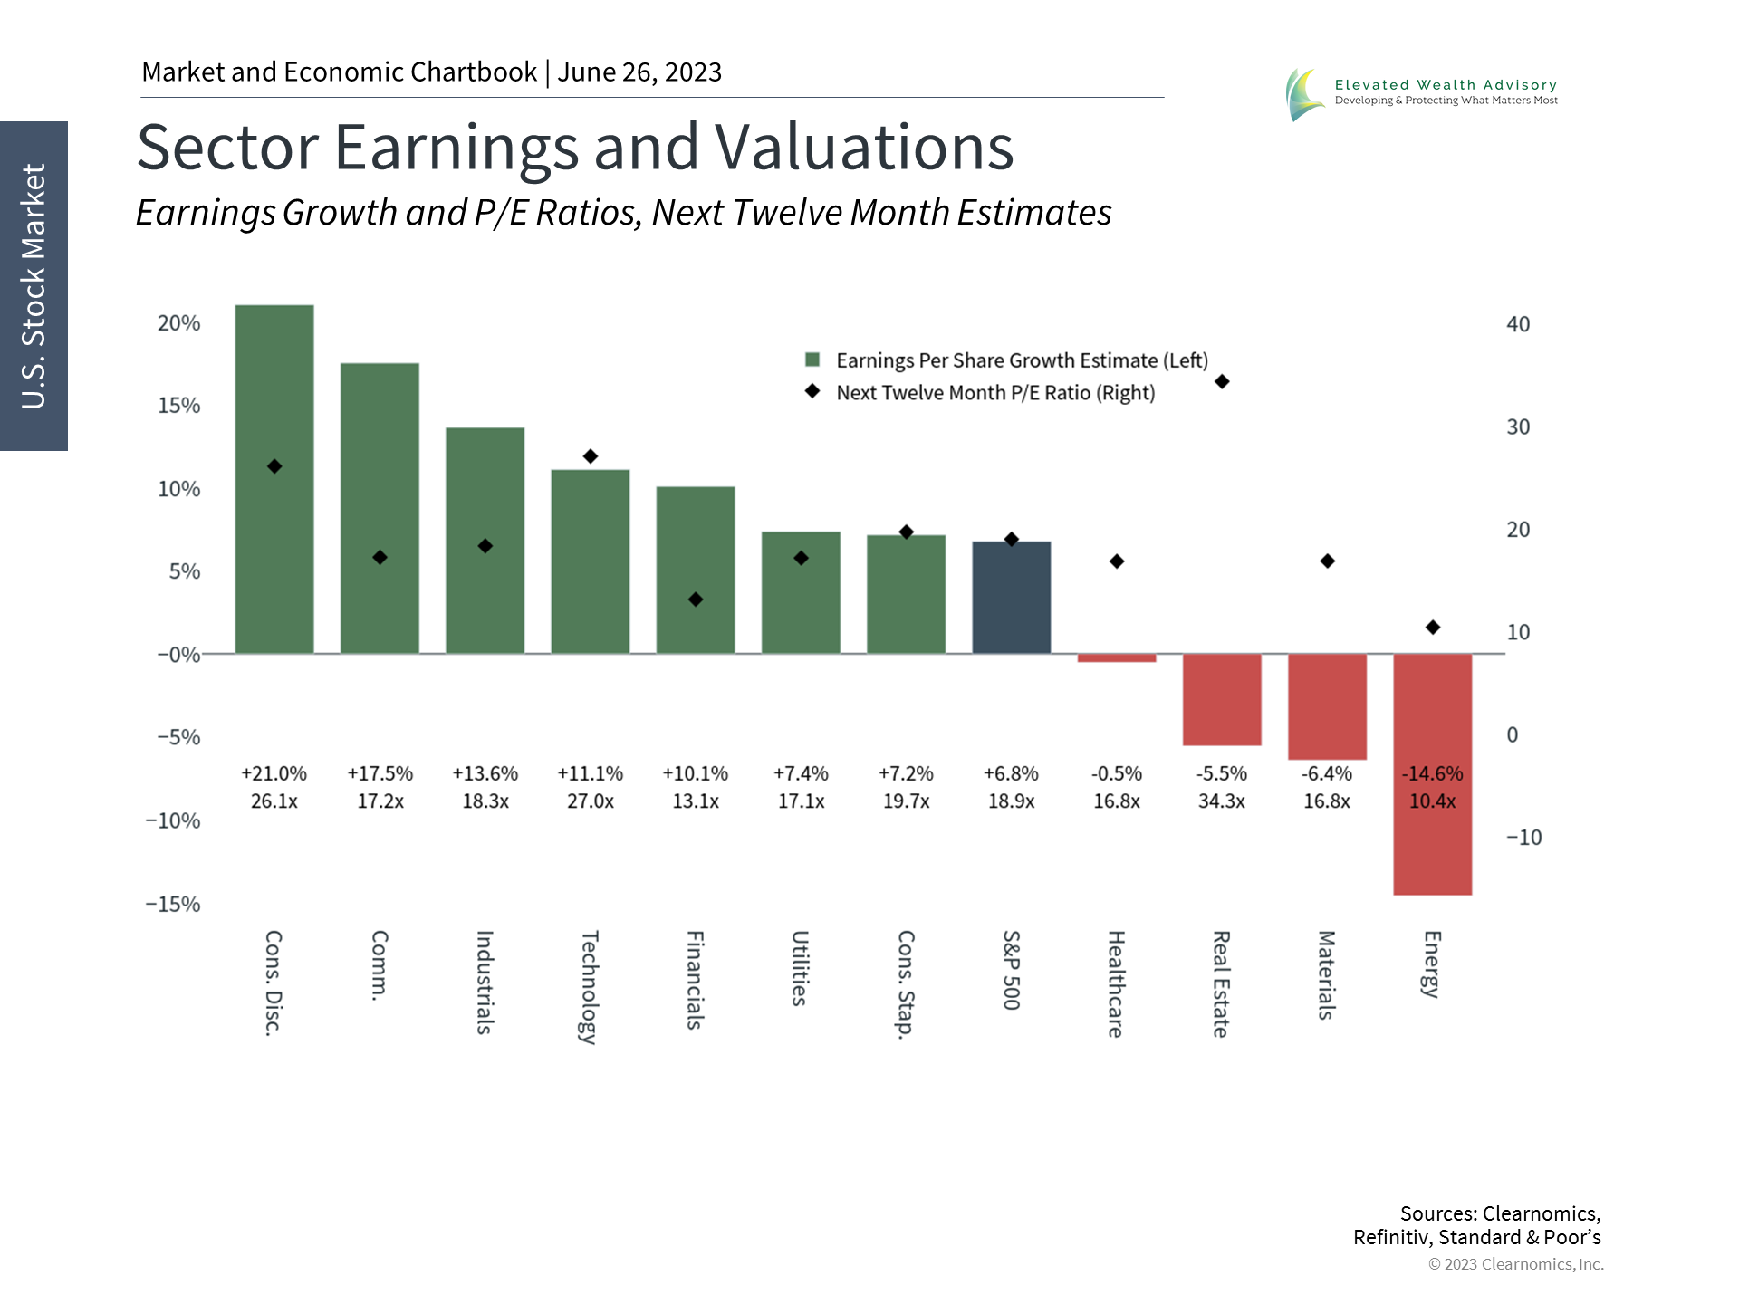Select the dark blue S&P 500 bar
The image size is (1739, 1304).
click(1012, 598)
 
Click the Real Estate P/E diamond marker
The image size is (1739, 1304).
click(1222, 382)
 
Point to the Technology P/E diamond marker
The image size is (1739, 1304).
click(591, 456)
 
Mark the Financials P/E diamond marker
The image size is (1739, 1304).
click(696, 599)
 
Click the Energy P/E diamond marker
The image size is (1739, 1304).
click(1433, 628)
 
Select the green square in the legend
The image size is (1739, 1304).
click(812, 360)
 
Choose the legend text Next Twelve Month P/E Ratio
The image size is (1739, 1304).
click(995, 393)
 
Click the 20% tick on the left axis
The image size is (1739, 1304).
click(178, 323)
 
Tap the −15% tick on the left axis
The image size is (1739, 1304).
click(173, 904)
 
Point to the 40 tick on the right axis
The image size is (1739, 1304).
click(1518, 324)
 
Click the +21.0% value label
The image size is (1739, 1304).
click(274, 774)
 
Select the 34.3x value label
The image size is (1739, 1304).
click(1222, 801)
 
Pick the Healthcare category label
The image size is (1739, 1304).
click(1116, 983)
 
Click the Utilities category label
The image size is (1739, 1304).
click(800, 968)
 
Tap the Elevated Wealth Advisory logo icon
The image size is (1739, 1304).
click(1304, 94)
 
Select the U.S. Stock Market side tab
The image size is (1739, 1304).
click(34, 286)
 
